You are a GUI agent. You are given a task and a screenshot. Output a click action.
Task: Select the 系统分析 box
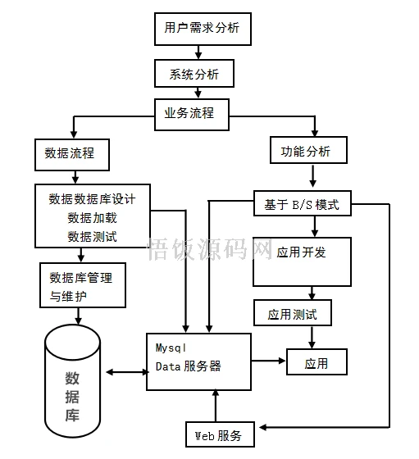[x=194, y=75]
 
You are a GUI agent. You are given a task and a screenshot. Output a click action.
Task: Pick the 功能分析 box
[x=307, y=151]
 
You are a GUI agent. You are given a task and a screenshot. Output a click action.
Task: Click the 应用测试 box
[x=293, y=313]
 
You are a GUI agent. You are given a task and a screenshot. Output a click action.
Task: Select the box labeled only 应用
[x=316, y=361]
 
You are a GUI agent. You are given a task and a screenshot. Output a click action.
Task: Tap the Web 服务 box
[x=218, y=434]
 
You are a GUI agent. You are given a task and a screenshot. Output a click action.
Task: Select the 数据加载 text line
[x=92, y=218]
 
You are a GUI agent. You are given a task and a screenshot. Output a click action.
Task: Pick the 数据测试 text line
[x=92, y=237]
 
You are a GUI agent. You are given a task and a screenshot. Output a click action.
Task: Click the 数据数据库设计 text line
[x=98, y=199]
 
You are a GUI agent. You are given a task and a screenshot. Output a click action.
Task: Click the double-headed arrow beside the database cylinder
[x=125, y=374]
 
